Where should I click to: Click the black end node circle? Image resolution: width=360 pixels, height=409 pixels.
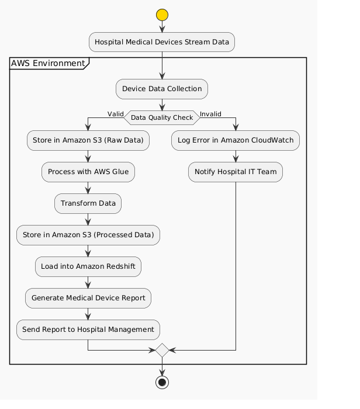(x=162, y=382)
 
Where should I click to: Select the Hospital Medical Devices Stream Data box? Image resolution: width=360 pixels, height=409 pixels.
(x=162, y=42)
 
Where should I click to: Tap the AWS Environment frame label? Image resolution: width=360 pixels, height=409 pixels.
(x=47, y=63)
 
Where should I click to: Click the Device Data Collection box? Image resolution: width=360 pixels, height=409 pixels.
(x=162, y=89)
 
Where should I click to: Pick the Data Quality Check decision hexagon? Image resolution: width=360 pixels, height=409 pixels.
(x=162, y=117)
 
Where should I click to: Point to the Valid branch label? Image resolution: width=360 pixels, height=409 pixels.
(x=115, y=113)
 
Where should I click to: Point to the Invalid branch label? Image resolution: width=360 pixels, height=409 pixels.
(x=210, y=113)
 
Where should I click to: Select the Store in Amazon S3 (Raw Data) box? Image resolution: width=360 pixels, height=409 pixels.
(x=88, y=141)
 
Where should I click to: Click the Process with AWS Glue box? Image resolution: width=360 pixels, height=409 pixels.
(x=88, y=172)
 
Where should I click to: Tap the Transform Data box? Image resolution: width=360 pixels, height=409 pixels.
(x=88, y=203)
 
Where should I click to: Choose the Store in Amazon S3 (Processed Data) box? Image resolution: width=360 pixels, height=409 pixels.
(x=88, y=235)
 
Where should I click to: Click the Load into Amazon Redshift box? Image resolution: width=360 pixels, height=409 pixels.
(x=88, y=266)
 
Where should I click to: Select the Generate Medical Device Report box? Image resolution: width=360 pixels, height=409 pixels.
(x=88, y=298)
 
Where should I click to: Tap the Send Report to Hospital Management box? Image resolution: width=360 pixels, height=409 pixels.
(x=88, y=330)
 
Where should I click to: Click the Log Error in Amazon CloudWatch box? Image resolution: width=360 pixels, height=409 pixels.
(x=236, y=141)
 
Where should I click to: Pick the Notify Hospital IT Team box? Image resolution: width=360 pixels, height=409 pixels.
(x=236, y=172)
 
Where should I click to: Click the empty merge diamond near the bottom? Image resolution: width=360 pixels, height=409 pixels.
(x=162, y=351)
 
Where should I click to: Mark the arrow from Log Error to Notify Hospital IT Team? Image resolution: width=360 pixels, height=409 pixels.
(x=236, y=156)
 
